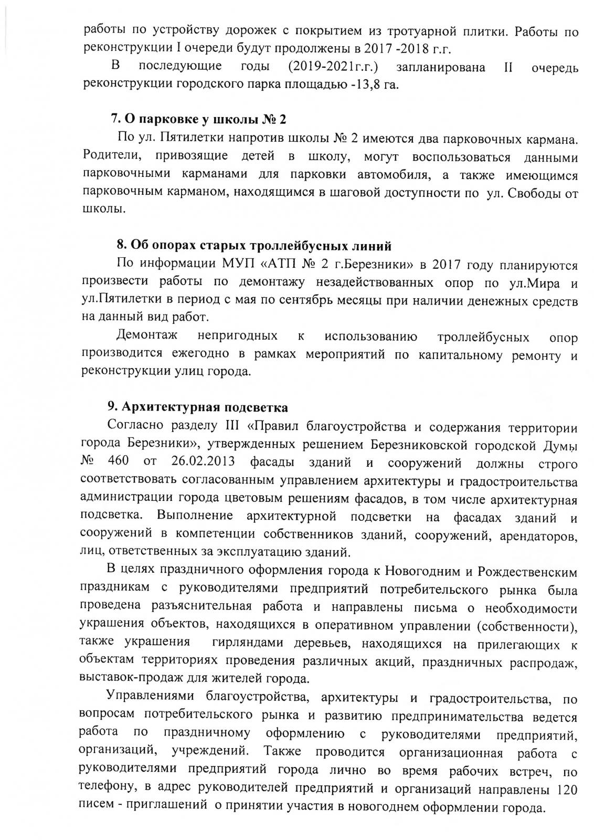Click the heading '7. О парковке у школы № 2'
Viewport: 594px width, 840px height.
click(199, 119)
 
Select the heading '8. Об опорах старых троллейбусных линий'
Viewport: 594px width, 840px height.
click(254, 245)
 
